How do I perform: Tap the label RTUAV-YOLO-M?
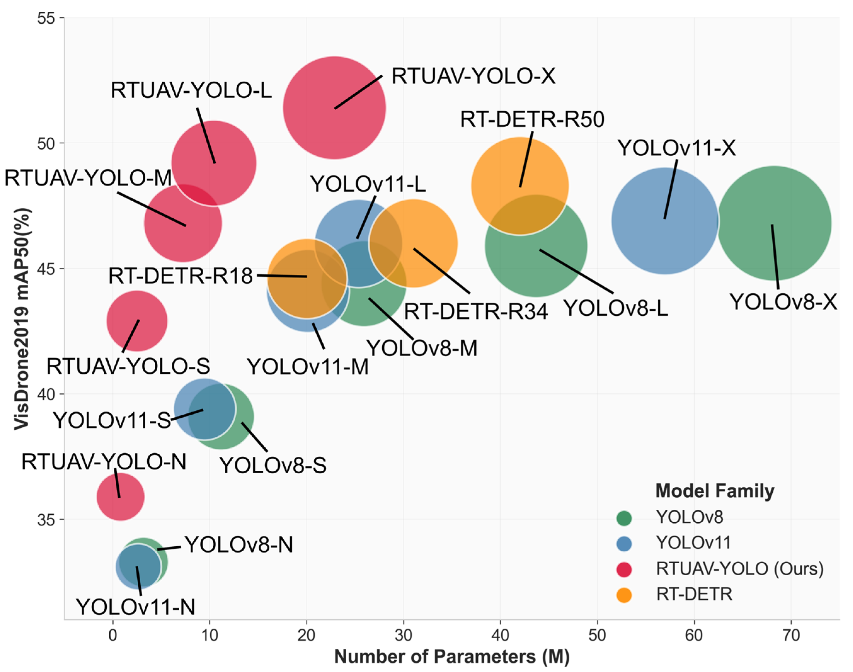coord(88,178)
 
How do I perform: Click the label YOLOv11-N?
coord(136,607)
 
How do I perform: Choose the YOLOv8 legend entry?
coord(689,517)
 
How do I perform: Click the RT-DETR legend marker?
coord(624,594)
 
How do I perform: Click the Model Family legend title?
coord(714,491)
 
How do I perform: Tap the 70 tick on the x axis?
coord(791,635)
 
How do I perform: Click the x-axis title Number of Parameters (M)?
coord(452,657)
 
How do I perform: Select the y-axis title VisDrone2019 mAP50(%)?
coord(22,319)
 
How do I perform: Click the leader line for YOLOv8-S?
coord(254,437)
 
